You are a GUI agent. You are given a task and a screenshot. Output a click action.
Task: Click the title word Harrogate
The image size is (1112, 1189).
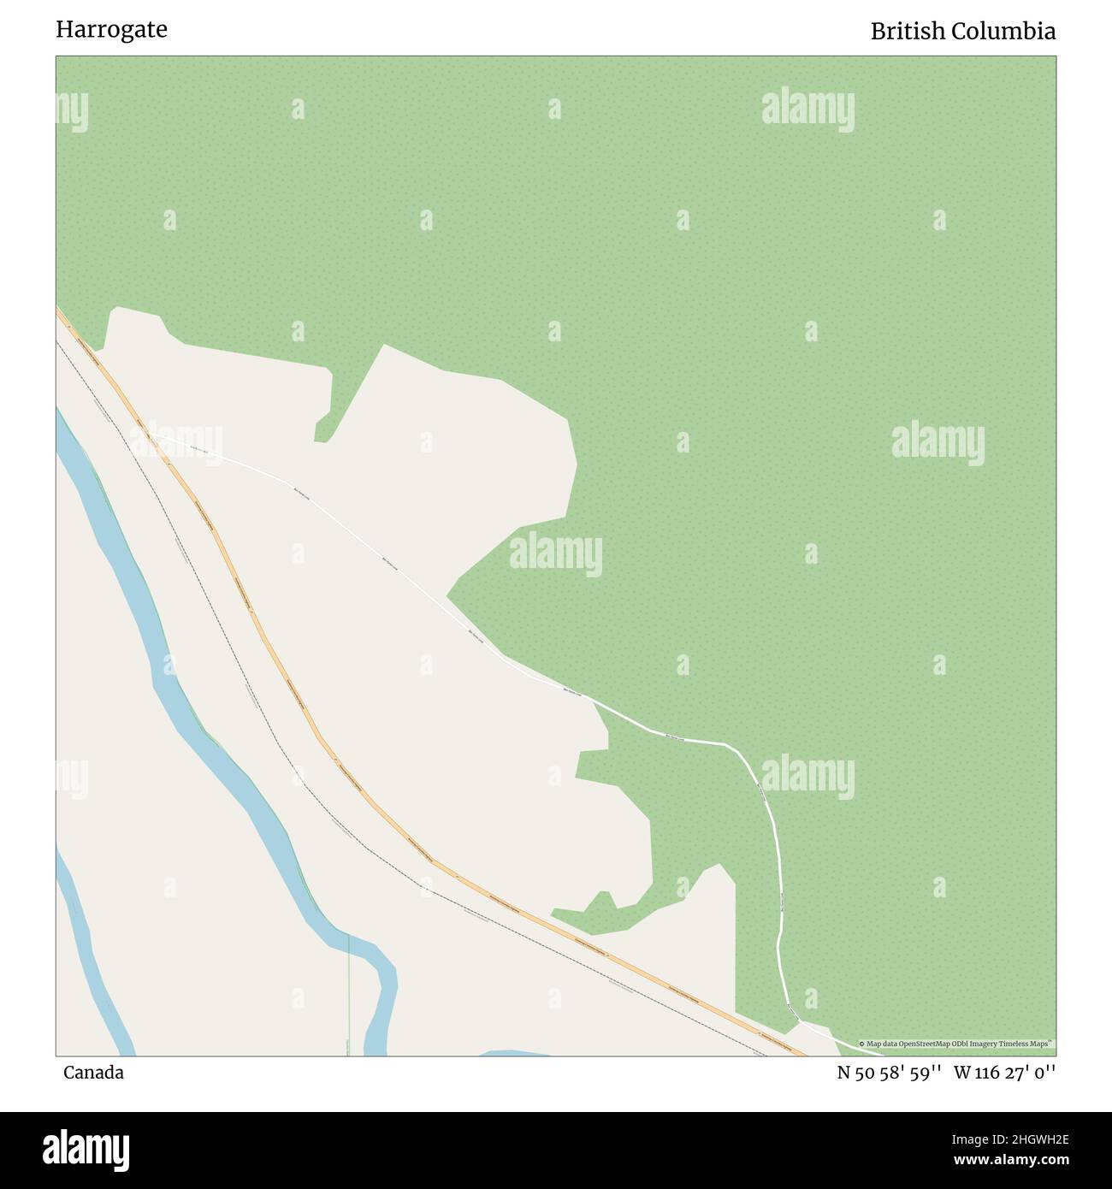tap(111, 30)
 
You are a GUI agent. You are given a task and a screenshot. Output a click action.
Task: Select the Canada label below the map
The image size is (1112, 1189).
tap(93, 1073)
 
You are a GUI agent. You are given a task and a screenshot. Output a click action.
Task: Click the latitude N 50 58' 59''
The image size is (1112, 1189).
tap(890, 1073)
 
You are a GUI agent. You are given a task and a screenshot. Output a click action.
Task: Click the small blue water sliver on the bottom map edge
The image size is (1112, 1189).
tap(513, 1052)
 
